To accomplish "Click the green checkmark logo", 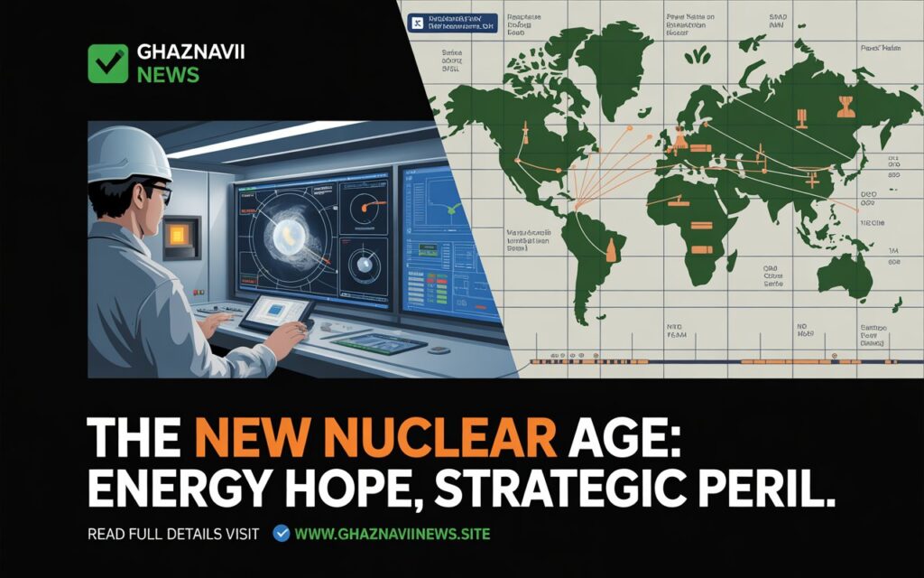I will click(x=108, y=62).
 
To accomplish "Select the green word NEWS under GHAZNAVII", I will click(x=168, y=75).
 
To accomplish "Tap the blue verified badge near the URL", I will click(x=281, y=534).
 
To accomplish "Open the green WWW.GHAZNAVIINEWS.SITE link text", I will click(x=393, y=534).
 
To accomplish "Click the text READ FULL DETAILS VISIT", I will click(x=173, y=534).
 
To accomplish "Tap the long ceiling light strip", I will click(x=271, y=135).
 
